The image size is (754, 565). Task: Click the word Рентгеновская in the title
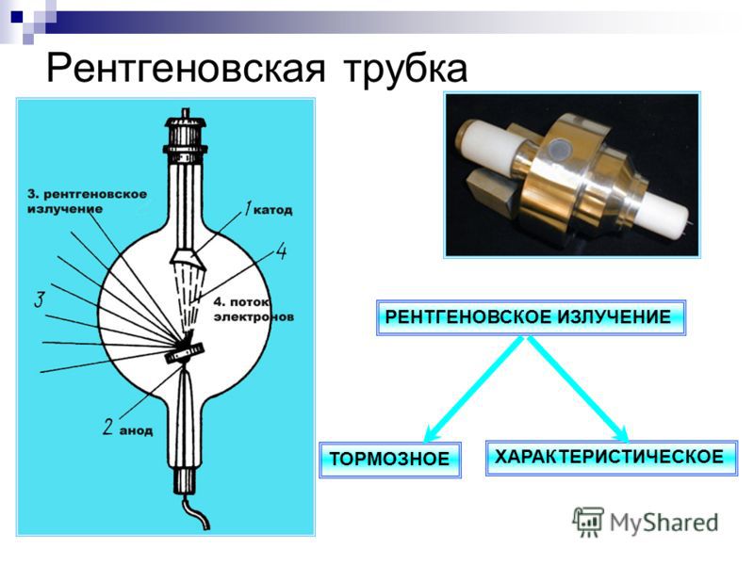(186, 69)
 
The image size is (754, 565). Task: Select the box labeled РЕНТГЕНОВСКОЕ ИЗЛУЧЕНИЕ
(531, 317)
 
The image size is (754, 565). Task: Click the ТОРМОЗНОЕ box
(390, 460)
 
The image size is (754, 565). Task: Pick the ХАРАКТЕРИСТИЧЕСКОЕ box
(611, 458)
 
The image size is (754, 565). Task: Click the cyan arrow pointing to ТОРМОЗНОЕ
(474, 389)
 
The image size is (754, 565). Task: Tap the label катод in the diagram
(272, 210)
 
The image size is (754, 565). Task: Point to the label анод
(136, 430)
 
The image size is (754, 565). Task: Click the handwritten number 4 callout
(281, 251)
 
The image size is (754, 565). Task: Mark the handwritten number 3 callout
(40, 299)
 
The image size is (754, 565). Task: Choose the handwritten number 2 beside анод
(108, 427)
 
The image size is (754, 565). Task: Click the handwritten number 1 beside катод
(248, 208)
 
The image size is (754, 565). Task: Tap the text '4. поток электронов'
(254, 310)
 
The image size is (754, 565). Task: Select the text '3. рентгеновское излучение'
(87, 202)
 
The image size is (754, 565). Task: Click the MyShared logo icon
(588, 522)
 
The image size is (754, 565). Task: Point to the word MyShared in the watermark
(664, 523)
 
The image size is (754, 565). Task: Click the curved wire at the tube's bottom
(197, 512)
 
